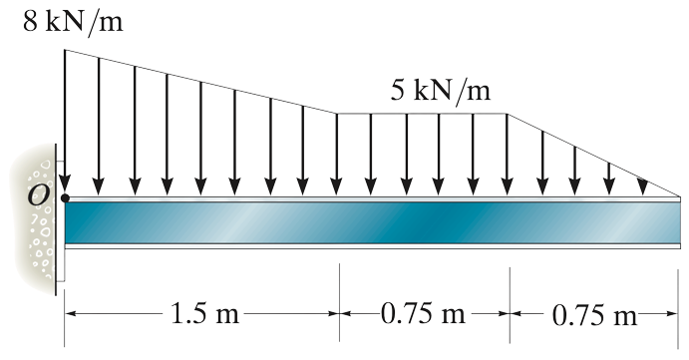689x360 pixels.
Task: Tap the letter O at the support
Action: coord(38,196)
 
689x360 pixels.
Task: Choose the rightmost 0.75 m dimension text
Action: coord(595,317)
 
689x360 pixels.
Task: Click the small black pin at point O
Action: coord(65,198)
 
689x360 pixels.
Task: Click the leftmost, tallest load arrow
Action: coord(65,120)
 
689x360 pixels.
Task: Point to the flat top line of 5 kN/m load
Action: coord(424,114)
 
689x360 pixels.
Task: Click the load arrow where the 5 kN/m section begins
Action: coord(337,150)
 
